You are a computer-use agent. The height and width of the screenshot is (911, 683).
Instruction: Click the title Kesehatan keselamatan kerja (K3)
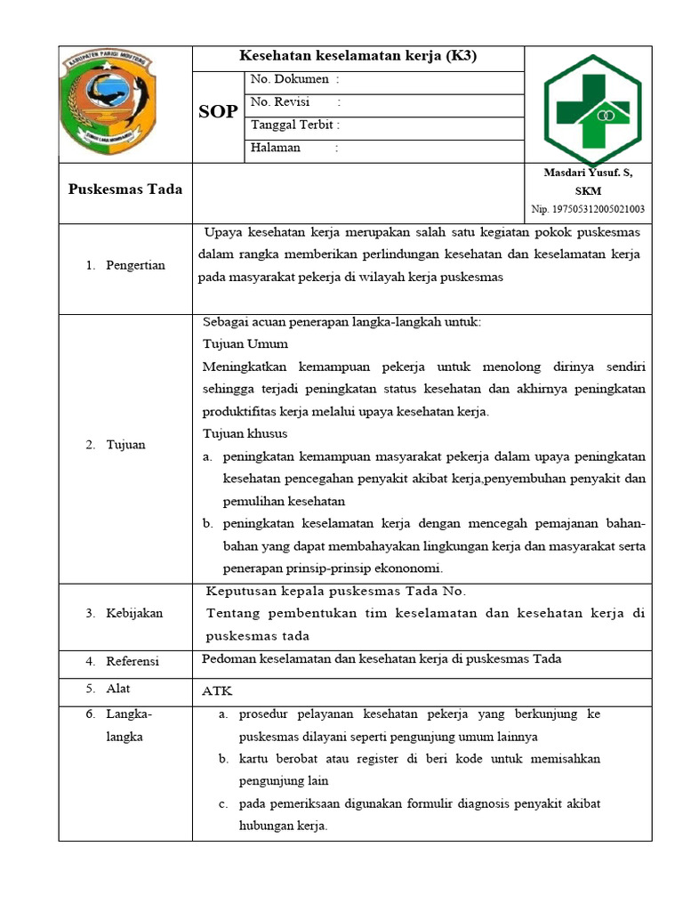[x=358, y=57]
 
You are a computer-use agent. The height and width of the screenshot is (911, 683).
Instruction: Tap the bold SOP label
[x=218, y=111]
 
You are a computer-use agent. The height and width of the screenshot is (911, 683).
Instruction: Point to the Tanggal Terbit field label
[x=295, y=125]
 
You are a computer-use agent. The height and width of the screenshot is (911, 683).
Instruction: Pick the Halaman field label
[x=276, y=148]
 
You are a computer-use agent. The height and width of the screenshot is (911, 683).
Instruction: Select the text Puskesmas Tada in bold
[x=125, y=189]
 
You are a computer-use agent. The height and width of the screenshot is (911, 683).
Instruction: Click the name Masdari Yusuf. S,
[x=588, y=173]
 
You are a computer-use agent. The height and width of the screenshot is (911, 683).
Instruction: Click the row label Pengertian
[x=134, y=265]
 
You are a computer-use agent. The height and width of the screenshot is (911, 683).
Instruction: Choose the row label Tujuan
[x=127, y=445]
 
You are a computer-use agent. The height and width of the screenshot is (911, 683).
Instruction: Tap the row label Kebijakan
[x=134, y=613]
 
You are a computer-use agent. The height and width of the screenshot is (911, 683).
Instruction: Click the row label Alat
[x=119, y=689]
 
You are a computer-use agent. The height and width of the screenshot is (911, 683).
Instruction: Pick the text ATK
[x=217, y=691]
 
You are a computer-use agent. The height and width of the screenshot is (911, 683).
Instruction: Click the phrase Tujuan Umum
[x=245, y=343]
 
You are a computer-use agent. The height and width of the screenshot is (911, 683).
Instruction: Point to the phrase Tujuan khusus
[x=245, y=433]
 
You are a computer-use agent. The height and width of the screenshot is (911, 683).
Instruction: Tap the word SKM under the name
[x=588, y=190]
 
